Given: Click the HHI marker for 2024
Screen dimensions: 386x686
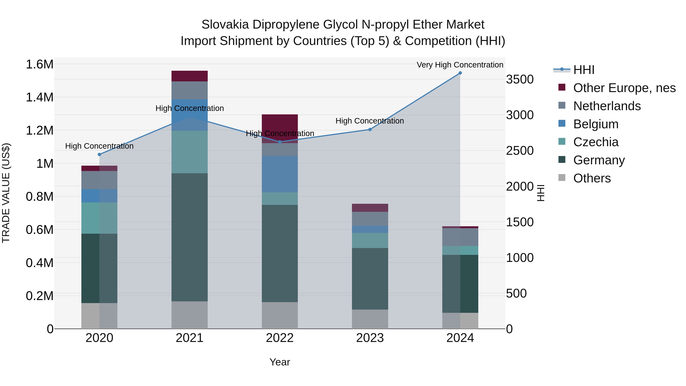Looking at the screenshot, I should [x=460, y=73].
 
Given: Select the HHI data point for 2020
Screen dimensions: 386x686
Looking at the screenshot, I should [x=99, y=155].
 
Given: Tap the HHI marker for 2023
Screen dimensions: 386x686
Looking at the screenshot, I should [x=370, y=129].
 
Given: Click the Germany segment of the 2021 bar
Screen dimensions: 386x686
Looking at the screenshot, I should [x=189, y=237].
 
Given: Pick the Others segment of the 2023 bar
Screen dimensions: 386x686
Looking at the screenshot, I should [x=370, y=319].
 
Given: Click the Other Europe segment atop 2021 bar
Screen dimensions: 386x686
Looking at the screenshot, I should [x=189, y=76].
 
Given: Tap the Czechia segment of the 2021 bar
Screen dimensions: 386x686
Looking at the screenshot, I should [x=189, y=152].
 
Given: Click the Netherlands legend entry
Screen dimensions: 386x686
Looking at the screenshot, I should [x=607, y=106].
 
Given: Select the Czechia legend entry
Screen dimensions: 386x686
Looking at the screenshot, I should [x=595, y=142].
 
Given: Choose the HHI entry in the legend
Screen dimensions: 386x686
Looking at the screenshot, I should [x=583, y=70].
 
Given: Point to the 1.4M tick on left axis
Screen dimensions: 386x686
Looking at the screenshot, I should [x=39, y=97].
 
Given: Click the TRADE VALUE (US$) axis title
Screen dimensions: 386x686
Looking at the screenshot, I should [x=6, y=193].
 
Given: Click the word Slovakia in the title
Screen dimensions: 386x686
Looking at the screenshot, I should [x=225, y=25].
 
